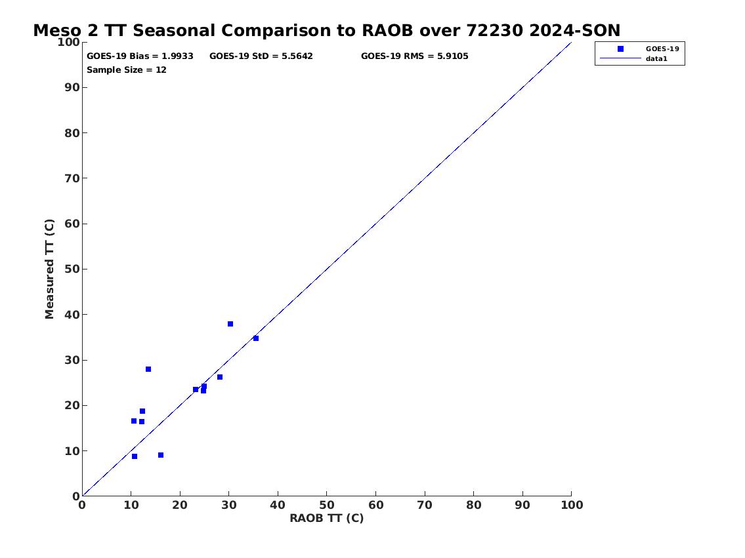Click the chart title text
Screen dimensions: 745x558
coord(326,30)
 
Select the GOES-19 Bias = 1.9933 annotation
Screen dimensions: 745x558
coord(140,56)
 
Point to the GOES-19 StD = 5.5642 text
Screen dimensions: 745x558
coord(261,56)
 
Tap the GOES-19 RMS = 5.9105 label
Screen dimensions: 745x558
coord(414,56)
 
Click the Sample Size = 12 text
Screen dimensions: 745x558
coord(127,70)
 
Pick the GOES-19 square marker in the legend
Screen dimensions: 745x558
coord(620,49)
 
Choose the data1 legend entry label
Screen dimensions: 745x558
coord(656,59)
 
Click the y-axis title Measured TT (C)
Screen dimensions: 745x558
coord(49,269)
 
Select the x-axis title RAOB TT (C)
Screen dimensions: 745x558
coord(326,518)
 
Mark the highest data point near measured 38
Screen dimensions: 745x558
coord(230,324)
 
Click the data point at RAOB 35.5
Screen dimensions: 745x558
coord(256,338)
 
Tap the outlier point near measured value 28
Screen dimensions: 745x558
coord(148,369)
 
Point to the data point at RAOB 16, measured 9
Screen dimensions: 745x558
coord(161,455)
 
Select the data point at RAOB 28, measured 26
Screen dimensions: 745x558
coord(220,377)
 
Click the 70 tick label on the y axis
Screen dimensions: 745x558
coord(72,178)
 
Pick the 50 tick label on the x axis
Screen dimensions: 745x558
coord(326,505)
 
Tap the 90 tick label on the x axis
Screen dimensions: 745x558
coord(522,505)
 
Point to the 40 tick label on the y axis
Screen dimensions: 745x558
coord(72,315)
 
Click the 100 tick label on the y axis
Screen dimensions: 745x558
coord(68,42)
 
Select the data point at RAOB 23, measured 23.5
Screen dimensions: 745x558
coord(196,389)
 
